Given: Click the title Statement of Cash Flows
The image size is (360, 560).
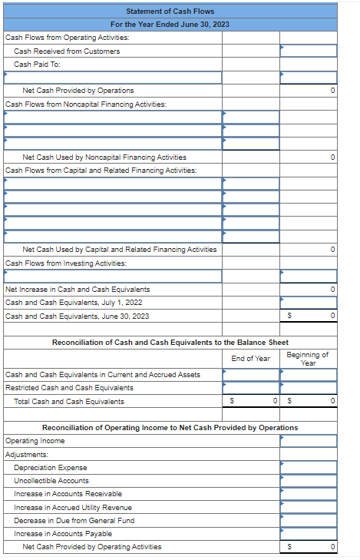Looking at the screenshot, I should tap(170, 11).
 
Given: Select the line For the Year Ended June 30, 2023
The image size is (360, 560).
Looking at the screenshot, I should tap(170, 24).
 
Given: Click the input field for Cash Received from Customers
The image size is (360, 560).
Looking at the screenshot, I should tap(308, 51).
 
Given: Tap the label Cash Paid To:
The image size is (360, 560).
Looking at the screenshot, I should tap(37, 64).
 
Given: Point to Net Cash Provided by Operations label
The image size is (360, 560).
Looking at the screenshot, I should tap(78, 91).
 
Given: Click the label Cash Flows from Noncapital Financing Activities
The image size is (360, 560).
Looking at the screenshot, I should tap(85, 104).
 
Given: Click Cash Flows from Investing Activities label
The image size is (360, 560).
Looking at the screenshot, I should tap(66, 263).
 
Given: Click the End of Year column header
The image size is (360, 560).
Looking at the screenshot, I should tap(250, 358).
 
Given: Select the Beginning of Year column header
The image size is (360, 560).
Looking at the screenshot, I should tap(308, 358).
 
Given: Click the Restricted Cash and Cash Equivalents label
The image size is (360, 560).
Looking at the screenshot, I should tap(69, 388).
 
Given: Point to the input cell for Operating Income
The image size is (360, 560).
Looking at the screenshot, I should tap(308, 441).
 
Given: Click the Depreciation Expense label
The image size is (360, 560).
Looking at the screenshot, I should tap(51, 468).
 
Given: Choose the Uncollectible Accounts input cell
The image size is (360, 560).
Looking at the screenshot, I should tap(308, 481).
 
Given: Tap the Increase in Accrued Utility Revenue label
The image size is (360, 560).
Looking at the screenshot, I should tap(73, 507).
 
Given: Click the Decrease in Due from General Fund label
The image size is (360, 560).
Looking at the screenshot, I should tap(74, 520).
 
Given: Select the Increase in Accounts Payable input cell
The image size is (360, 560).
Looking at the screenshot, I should tap(308, 534).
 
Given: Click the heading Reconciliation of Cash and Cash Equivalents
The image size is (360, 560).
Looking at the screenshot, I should tap(170, 342).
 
